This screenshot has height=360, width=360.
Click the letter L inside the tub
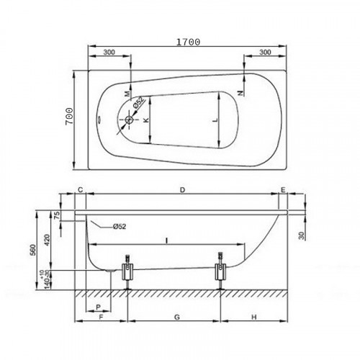(217, 121)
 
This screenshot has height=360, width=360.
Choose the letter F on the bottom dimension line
(102, 317)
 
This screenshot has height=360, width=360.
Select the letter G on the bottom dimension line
(176, 317)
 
